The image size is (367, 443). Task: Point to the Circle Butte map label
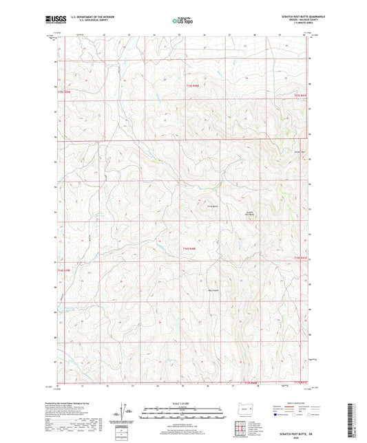click(x=193, y=206)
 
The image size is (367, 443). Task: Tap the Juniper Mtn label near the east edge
click(x=298, y=151)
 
